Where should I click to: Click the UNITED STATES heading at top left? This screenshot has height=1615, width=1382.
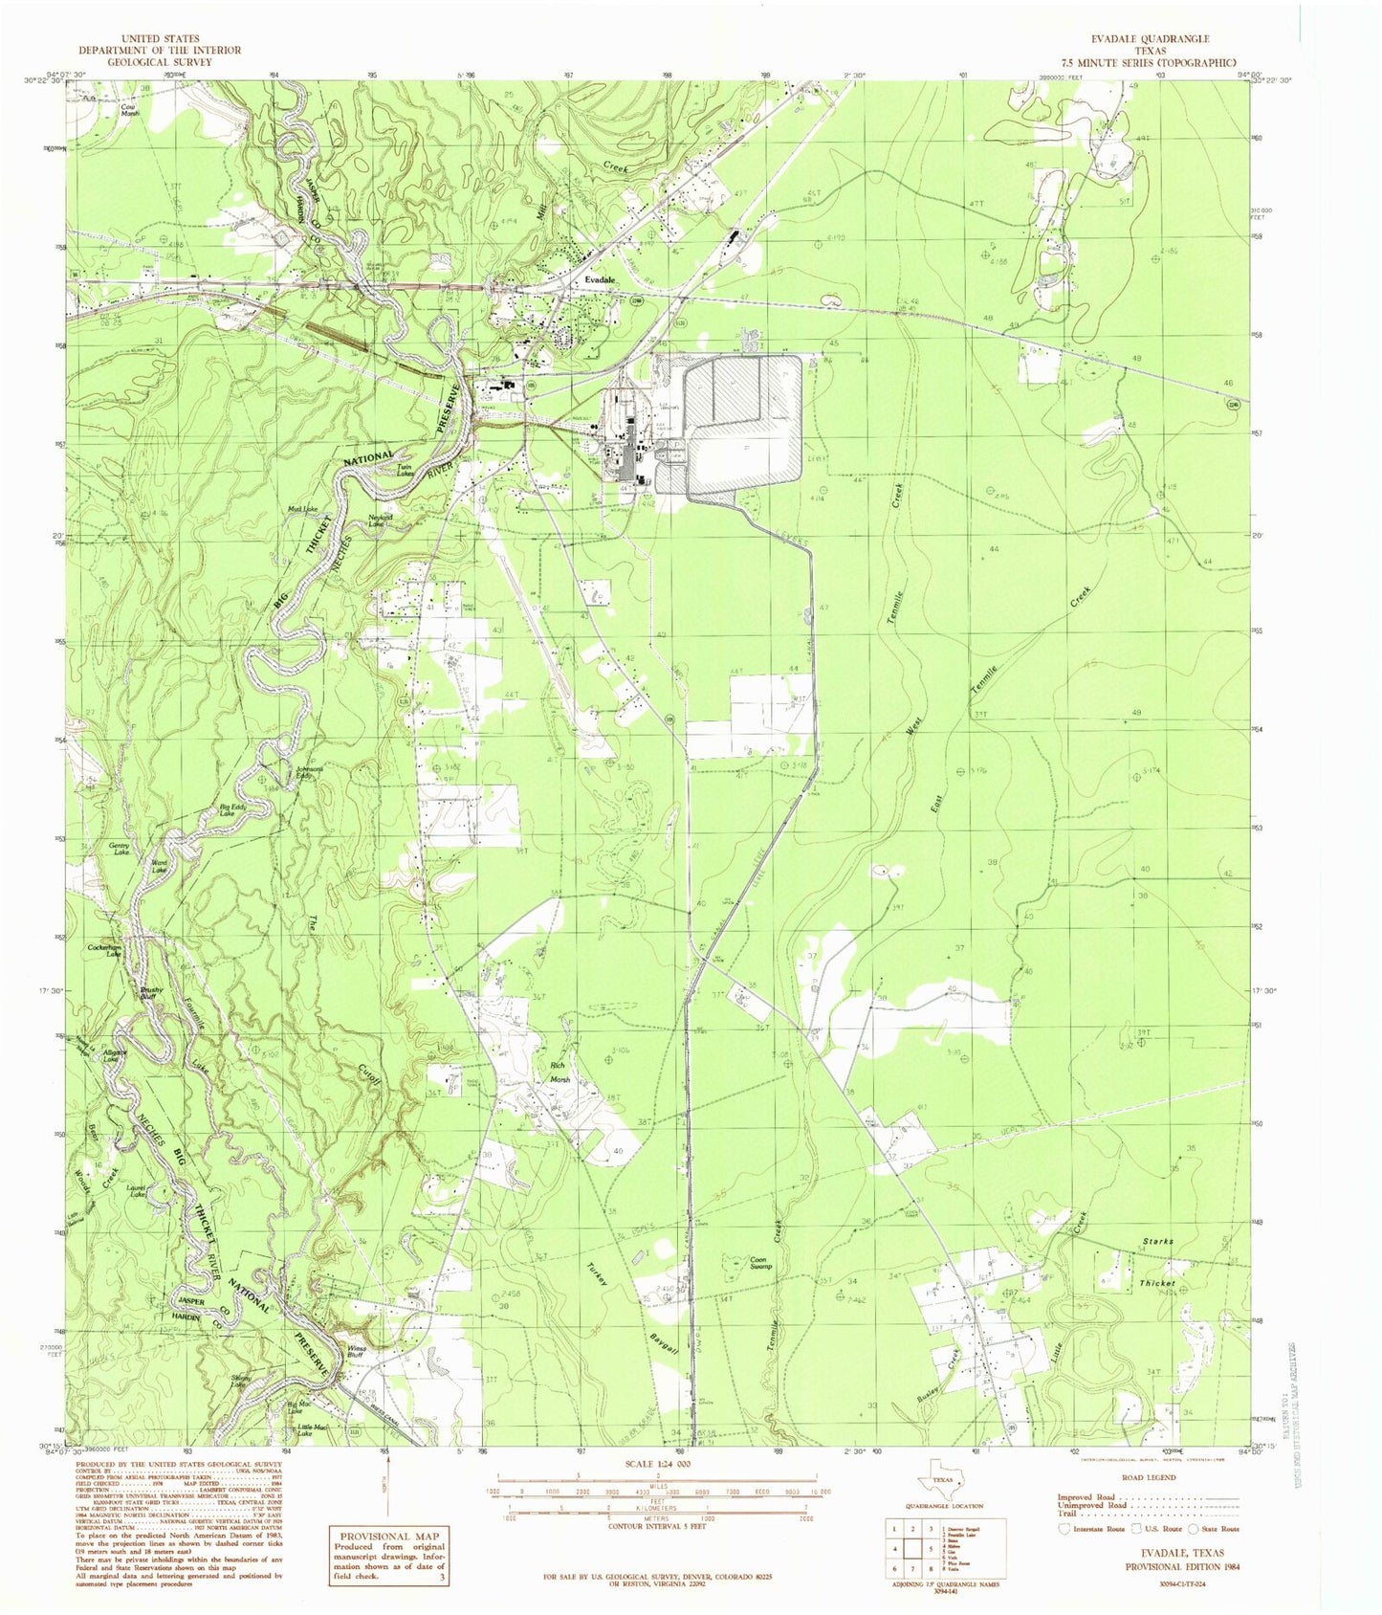tap(161, 39)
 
